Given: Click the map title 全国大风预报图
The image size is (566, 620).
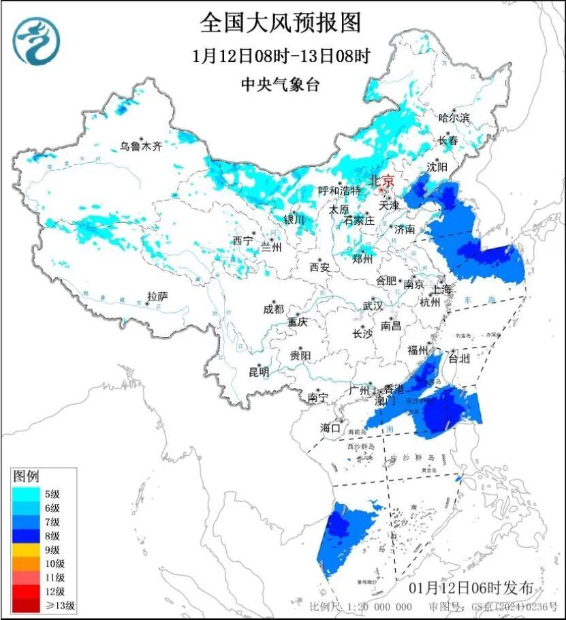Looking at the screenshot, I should click(280, 23).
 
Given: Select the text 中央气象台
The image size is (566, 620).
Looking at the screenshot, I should click(280, 84).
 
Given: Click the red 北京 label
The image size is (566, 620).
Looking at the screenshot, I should click(381, 181).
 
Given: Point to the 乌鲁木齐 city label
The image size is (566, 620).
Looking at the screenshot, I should click(141, 146).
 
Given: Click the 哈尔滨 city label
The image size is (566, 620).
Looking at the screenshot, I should click(454, 118).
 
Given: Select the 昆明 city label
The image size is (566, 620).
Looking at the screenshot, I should click(258, 372).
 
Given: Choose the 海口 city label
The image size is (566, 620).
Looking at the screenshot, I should click(330, 428).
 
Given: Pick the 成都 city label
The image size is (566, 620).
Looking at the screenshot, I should click(273, 309).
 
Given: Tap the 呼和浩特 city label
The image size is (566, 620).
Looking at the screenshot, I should click(338, 191).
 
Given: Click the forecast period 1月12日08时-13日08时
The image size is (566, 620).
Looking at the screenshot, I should click(280, 57).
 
